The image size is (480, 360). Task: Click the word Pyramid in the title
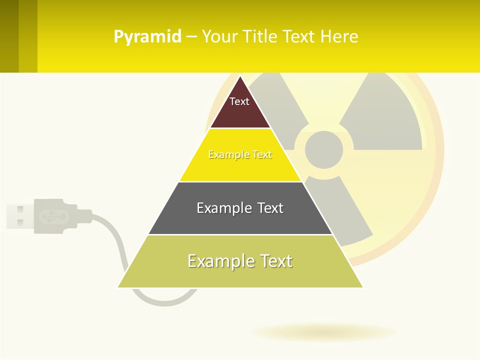(x=147, y=37)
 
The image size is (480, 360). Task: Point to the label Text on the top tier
(x=239, y=101)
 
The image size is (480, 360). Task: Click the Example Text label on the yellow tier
(x=240, y=154)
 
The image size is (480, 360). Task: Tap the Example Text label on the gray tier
(x=240, y=208)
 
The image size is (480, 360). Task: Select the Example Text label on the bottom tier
(x=240, y=261)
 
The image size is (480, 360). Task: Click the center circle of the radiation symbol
(x=324, y=149)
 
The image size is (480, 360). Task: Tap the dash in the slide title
(x=191, y=37)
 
